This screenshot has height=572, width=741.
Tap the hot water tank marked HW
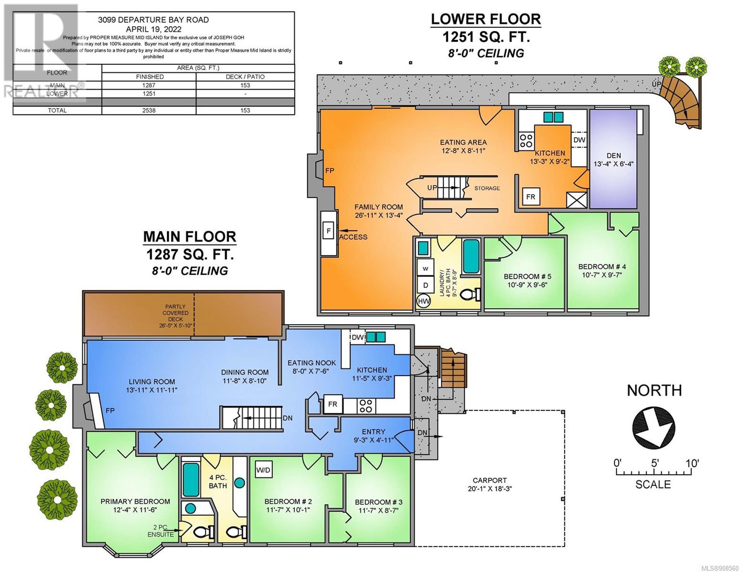(424, 301)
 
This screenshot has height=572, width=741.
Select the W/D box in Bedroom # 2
(263, 470)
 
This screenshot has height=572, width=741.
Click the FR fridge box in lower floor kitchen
(531, 196)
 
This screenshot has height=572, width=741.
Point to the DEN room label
(614, 155)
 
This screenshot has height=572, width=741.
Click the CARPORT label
(490, 480)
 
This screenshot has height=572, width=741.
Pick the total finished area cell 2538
(149, 111)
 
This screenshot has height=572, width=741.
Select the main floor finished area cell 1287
(149, 85)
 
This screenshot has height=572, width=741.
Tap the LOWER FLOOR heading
(486, 20)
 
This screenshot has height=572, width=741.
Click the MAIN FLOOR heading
(189, 236)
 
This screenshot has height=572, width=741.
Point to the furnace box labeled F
(329, 231)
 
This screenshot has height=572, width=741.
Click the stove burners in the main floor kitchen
(366, 406)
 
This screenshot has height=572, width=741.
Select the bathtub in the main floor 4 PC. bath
(191, 480)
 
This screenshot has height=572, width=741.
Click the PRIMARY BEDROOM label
(135, 501)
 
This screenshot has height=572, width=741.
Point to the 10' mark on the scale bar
(692, 463)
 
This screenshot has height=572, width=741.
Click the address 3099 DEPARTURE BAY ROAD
(154, 20)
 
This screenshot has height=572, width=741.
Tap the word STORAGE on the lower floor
(487, 188)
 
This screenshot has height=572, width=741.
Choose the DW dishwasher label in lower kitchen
(579, 140)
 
